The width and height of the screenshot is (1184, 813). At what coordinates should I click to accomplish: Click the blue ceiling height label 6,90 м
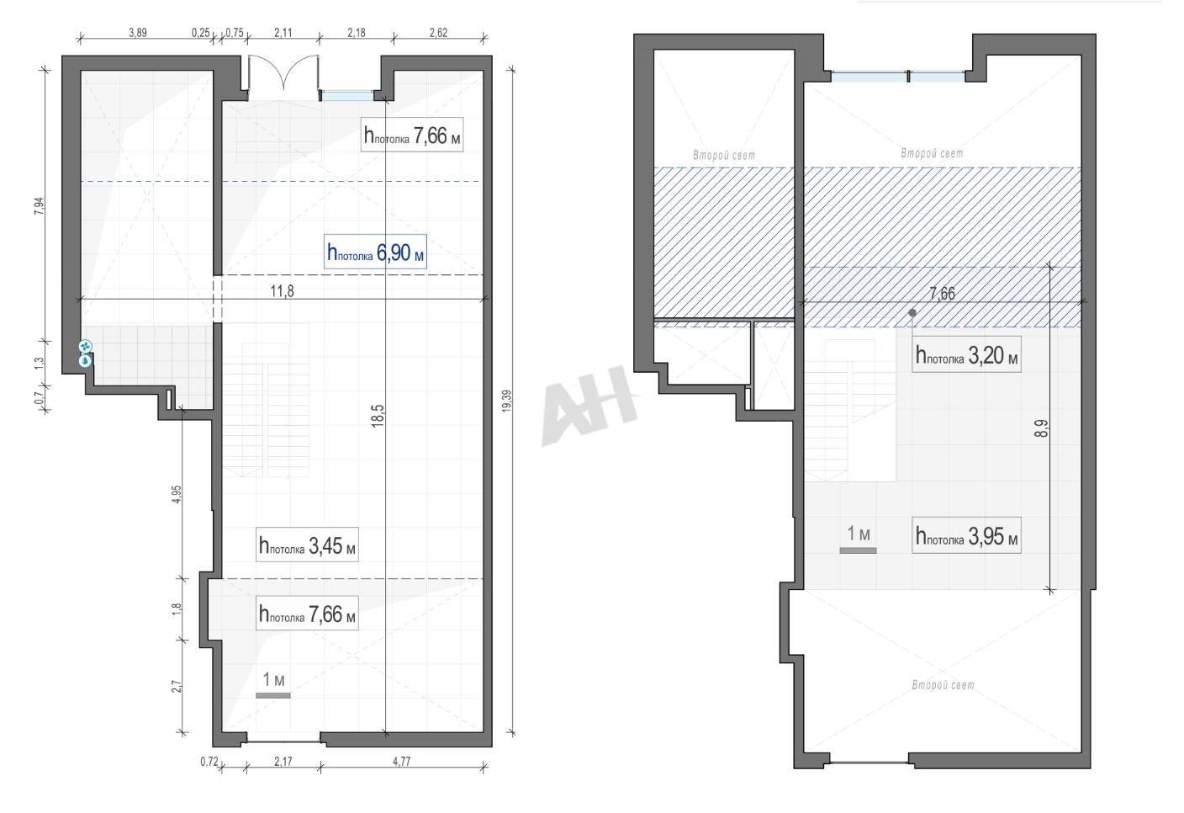[375, 252]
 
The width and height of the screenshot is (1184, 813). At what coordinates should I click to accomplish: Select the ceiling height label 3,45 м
[307, 545]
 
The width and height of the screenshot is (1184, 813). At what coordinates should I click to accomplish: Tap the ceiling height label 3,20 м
[966, 354]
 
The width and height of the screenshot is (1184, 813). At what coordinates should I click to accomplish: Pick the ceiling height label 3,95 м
[966, 536]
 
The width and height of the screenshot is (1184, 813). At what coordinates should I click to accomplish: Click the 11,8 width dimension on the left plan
[283, 291]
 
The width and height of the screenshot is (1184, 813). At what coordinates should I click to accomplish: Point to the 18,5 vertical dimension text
[378, 416]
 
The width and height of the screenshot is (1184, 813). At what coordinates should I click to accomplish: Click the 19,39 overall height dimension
[507, 401]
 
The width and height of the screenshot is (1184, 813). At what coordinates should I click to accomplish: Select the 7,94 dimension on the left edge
[40, 205]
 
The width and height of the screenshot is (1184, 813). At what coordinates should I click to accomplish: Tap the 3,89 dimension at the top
[137, 33]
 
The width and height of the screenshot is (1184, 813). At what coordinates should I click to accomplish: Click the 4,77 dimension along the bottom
[402, 761]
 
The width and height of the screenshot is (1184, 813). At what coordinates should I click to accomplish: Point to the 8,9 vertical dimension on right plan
[1042, 428]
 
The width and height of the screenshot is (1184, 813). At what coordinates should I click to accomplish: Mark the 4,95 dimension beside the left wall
[177, 495]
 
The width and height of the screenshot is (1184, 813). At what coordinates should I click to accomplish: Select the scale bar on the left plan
[273, 695]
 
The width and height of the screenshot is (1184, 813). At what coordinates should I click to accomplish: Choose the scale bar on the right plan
[858, 550]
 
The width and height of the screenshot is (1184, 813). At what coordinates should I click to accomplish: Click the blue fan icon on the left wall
[85, 347]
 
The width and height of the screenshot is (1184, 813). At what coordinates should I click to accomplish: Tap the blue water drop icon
[85, 361]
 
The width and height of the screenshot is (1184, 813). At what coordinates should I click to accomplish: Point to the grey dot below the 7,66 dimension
[912, 312]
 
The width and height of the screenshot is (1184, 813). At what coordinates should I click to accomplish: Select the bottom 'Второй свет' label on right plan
[943, 685]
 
